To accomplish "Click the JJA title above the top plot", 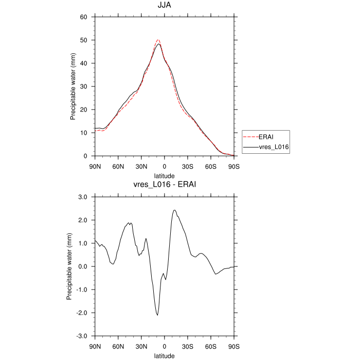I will pyautogui.click(x=165, y=6).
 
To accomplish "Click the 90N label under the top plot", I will pyautogui.click(x=95, y=167).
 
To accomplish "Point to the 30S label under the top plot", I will pyautogui.click(x=188, y=167).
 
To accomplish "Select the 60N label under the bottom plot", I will pyautogui.click(x=118, y=347).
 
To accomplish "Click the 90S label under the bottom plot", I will pyautogui.click(x=234, y=347).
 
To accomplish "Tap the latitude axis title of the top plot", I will pyautogui.click(x=165, y=175).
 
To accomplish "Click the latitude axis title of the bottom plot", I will pyautogui.click(x=165, y=355).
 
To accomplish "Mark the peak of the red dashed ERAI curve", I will pyautogui.click(x=158, y=40).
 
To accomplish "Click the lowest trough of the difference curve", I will pyautogui.click(x=157, y=315).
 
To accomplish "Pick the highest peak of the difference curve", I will pyautogui.click(x=174, y=210).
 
